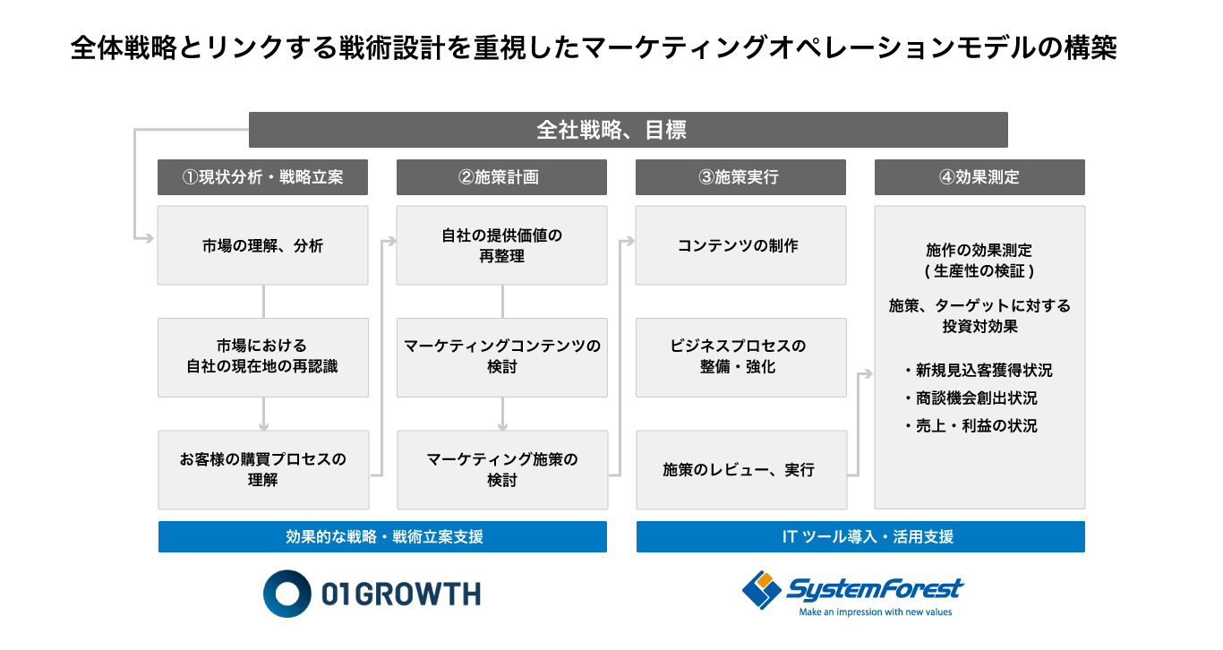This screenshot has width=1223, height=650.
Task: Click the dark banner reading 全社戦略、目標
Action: pyautogui.click(x=628, y=130)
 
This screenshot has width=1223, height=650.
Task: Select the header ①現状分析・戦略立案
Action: pyautogui.click(x=262, y=177)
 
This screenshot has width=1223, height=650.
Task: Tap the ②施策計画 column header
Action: pyautogui.click(x=501, y=177)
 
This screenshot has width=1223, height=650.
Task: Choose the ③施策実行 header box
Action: pyautogui.click(x=740, y=177)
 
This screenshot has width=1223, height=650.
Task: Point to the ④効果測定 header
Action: pyautogui.click(x=979, y=177)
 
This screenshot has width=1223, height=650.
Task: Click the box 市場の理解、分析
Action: pyautogui.click(x=262, y=245)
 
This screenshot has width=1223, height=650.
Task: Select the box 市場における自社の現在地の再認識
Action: pyautogui.click(x=263, y=357)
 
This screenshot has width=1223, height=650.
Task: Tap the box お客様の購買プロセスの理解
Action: pyautogui.click(x=263, y=470)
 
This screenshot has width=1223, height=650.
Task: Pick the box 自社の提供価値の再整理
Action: pyautogui.click(x=501, y=245)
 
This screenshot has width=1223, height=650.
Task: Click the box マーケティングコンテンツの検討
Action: pyautogui.click(x=501, y=357)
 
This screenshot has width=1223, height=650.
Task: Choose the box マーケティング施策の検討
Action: pyautogui.click(x=502, y=470)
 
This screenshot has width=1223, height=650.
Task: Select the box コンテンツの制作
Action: pyautogui.click(x=740, y=245)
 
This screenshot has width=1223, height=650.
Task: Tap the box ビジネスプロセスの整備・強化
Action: pyautogui.click(x=741, y=357)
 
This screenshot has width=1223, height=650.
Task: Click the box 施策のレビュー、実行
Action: pyautogui.click(x=741, y=470)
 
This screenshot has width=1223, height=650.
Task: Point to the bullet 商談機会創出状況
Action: pyautogui.click(x=971, y=398)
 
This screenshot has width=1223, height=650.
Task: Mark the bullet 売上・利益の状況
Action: pyautogui.click(x=971, y=425)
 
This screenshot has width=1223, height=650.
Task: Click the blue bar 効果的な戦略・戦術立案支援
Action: pyautogui.click(x=382, y=536)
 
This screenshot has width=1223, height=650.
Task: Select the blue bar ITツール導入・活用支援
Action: pyautogui.click(x=860, y=536)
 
